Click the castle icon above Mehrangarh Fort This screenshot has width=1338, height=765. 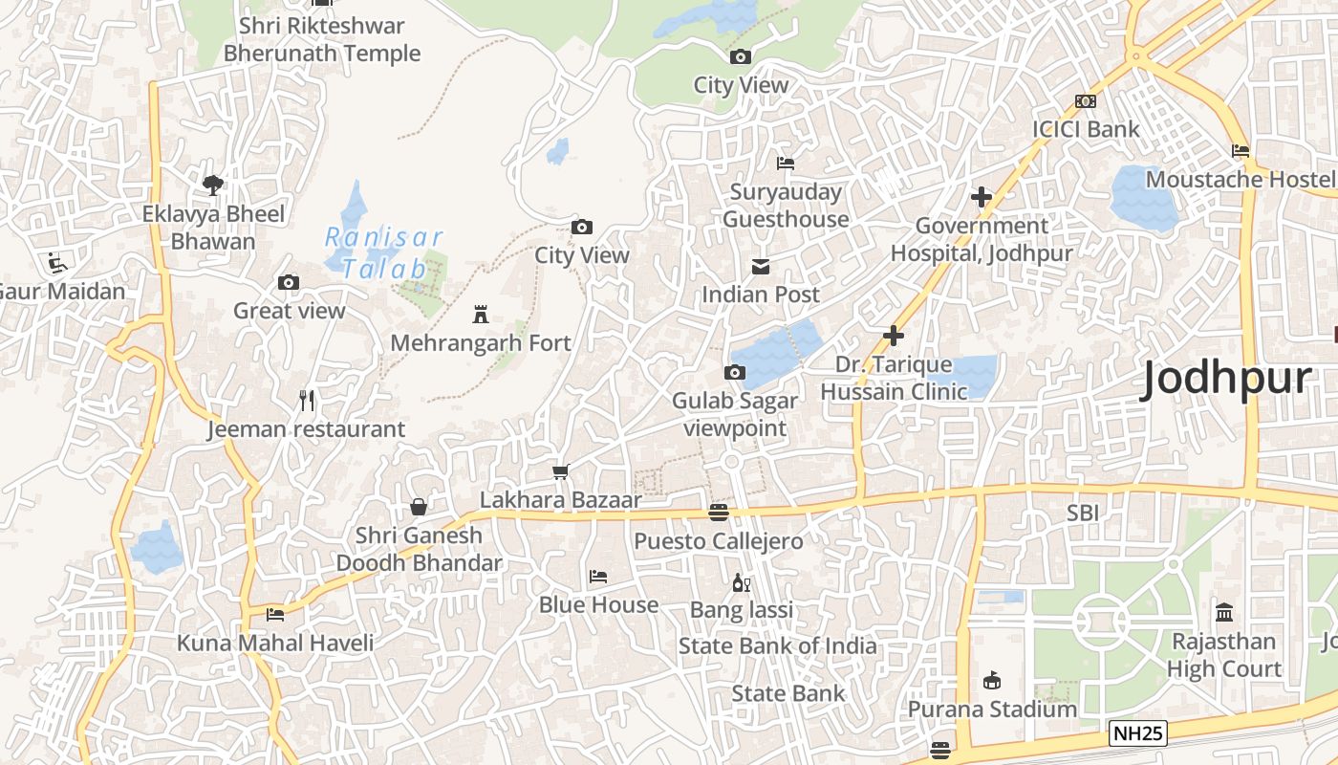(x=481, y=315)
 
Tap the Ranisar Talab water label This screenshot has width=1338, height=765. (x=383, y=252)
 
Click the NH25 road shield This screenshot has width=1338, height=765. (x=1138, y=733)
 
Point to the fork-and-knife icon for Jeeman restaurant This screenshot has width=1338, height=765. (x=307, y=401)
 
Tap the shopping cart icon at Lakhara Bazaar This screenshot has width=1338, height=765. (x=561, y=471)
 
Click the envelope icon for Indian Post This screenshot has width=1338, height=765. (x=761, y=266)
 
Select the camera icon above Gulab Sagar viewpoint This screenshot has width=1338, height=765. (x=735, y=372)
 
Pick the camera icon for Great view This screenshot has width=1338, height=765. (x=289, y=282)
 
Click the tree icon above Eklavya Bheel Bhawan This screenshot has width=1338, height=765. (x=213, y=185)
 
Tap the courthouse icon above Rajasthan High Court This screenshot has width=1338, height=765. (x=1223, y=612)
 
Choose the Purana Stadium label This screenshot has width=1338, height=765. (x=992, y=710)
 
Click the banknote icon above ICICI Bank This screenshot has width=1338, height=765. (x=1086, y=101)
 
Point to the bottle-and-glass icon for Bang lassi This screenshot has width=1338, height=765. (x=742, y=582)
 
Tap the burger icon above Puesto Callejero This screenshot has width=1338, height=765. (x=719, y=513)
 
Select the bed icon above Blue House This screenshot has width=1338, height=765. (x=598, y=577)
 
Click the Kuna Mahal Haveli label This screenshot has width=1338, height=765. (x=275, y=643)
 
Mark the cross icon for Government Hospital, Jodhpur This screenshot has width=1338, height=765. (x=982, y=198)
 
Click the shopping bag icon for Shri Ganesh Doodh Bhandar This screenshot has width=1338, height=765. (x=419, y=507)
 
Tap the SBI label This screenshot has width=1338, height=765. (x=1083, y=514)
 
